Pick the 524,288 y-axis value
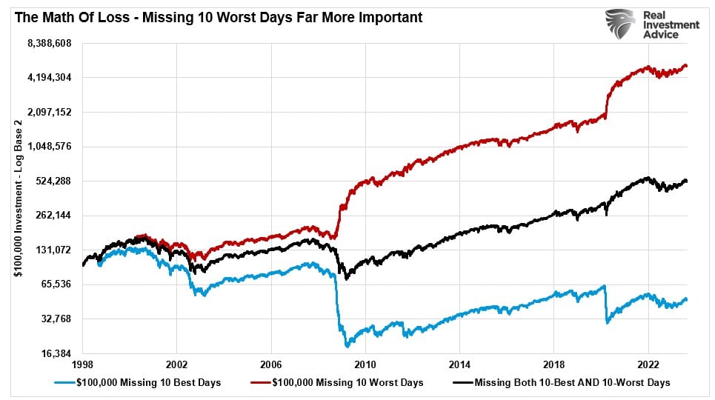(51, 181)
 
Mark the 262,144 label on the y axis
(51, 216)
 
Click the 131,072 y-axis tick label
(51, 250)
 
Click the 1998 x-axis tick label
(83, 365)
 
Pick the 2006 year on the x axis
(271, 365)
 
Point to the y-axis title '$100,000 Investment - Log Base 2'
(16, 200)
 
